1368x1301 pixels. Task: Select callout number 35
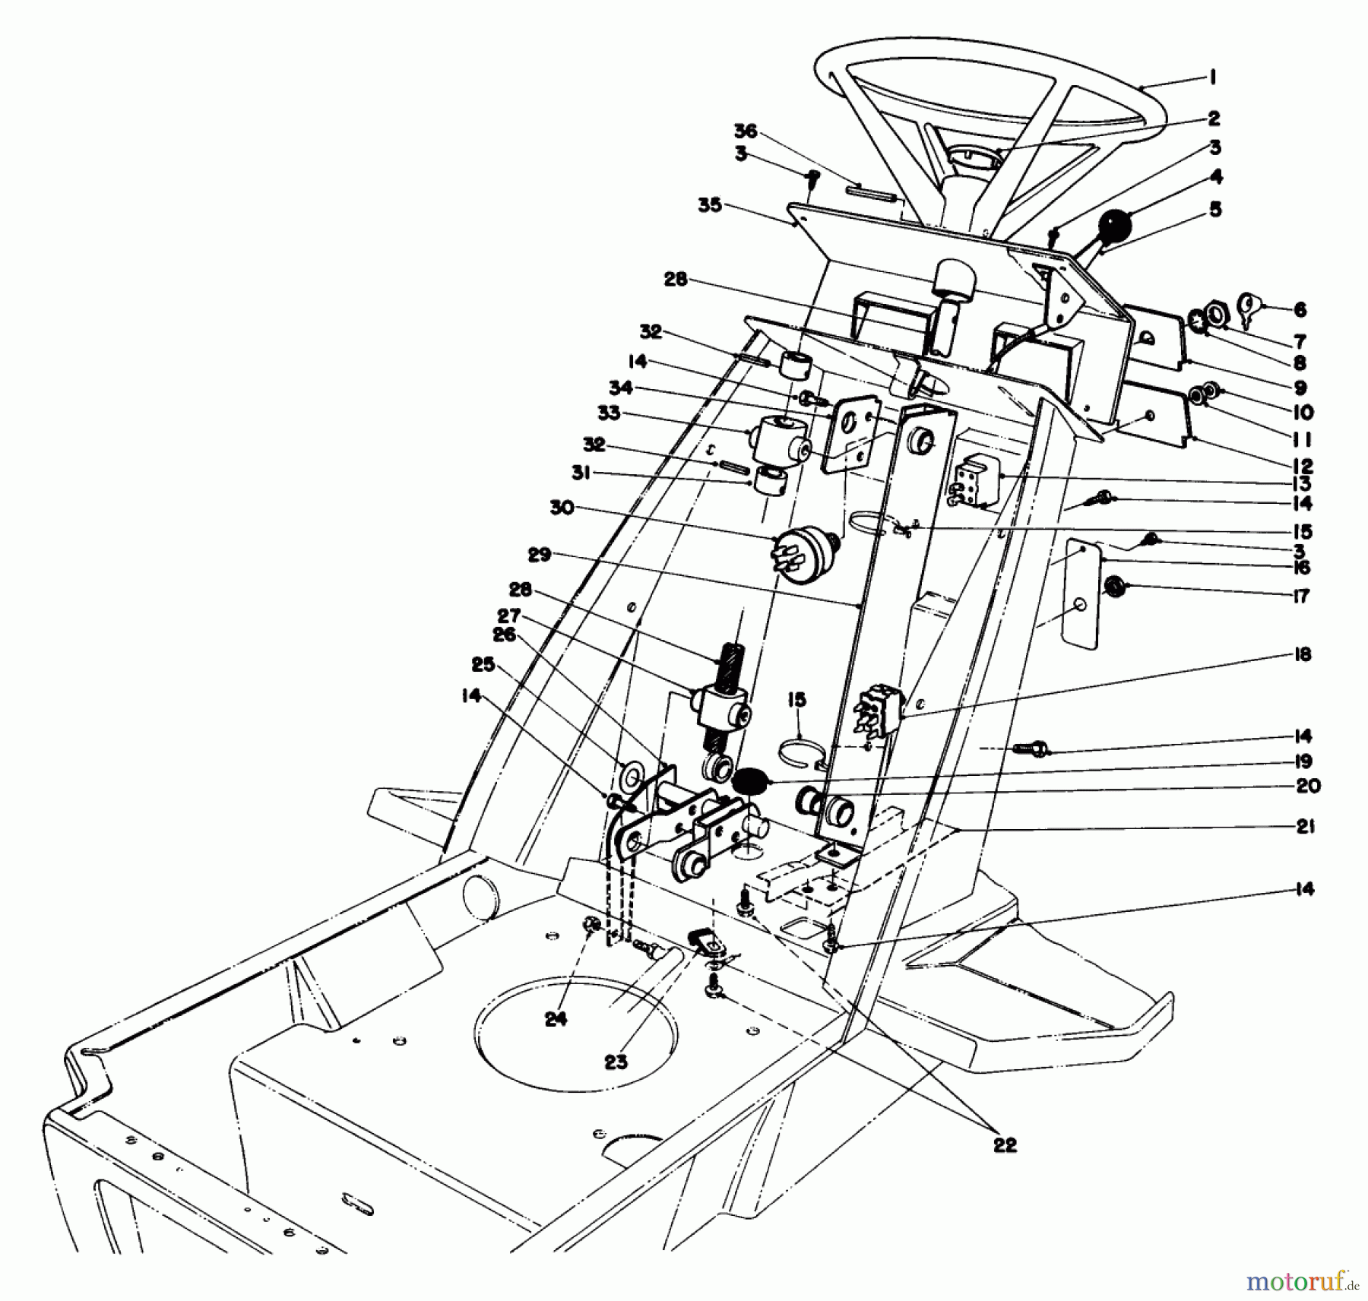(x=710, y=206)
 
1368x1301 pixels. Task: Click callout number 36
(x=746, y=131)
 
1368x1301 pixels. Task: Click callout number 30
(x=562, y=508)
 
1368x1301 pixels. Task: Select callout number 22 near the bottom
(x=1005, y=1144)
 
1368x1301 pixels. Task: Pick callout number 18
(x=1303, y=654)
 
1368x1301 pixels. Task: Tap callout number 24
(x=556, y=1019)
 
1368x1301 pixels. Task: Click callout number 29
(x=539, y=555)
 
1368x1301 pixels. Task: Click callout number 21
(x=1305, y=826)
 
